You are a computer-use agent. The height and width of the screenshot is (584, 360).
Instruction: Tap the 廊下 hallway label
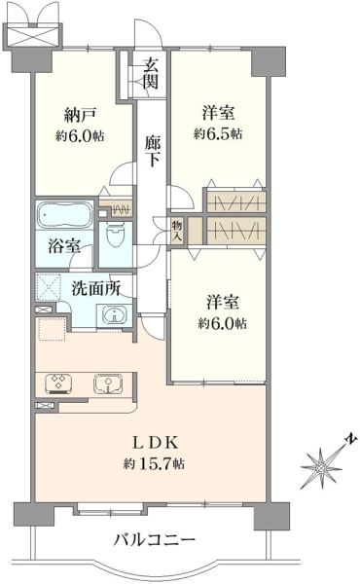click(152, 151)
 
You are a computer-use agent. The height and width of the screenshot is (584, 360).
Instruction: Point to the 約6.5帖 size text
click(218, 133)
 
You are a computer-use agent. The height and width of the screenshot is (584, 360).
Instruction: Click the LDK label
click(156, 443)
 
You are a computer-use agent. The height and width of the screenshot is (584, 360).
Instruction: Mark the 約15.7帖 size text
click(154, 463)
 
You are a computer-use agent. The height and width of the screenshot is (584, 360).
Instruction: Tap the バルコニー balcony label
click(154, 539)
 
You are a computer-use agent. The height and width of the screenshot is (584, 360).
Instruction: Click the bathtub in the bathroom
click(64, 215)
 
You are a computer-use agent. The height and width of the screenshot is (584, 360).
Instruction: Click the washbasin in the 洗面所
click(115, 315)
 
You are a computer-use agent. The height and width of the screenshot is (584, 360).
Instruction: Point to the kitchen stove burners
click(58, 383)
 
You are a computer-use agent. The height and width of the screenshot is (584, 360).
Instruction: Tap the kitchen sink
click(108, 383)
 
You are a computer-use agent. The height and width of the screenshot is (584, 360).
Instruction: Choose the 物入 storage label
click(177, 231)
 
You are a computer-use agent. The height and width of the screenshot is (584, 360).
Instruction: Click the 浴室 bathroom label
click(64, 246)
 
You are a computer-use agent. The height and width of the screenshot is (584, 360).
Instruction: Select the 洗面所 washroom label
click(96, 288)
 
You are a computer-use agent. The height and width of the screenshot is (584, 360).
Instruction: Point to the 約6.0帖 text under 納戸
click(80, 136)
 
